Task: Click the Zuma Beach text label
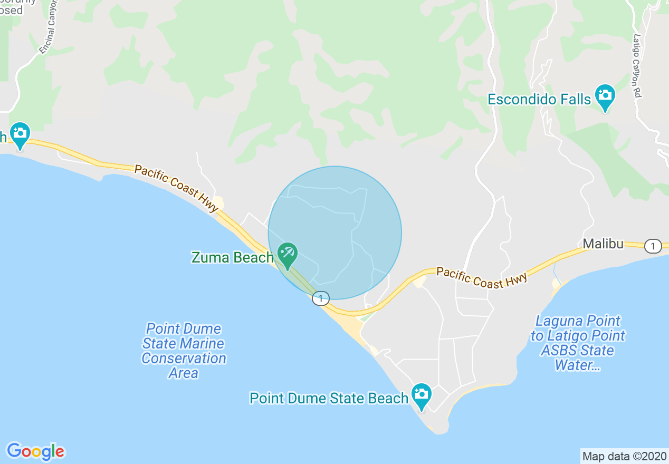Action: [x=233, y=258]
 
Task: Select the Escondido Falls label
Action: [x=539, y=99]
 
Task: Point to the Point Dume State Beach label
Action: [x=329, y=398]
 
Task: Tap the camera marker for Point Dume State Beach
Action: [x=421, y=395]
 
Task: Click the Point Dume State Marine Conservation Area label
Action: [x=184, y=351]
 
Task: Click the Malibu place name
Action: [x=603, y=244]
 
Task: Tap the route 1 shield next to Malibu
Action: [x=653, y=246]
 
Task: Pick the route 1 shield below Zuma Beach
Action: [x=320, y=298]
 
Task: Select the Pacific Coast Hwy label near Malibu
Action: [x=481, y=278]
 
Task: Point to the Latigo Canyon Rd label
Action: [x=637, y=66]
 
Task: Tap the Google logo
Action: [x=36, y=451]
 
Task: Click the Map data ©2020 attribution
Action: [x=624, y=456]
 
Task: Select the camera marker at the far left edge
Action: [x=20, y=134]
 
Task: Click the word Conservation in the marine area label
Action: [x=184, y=359]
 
